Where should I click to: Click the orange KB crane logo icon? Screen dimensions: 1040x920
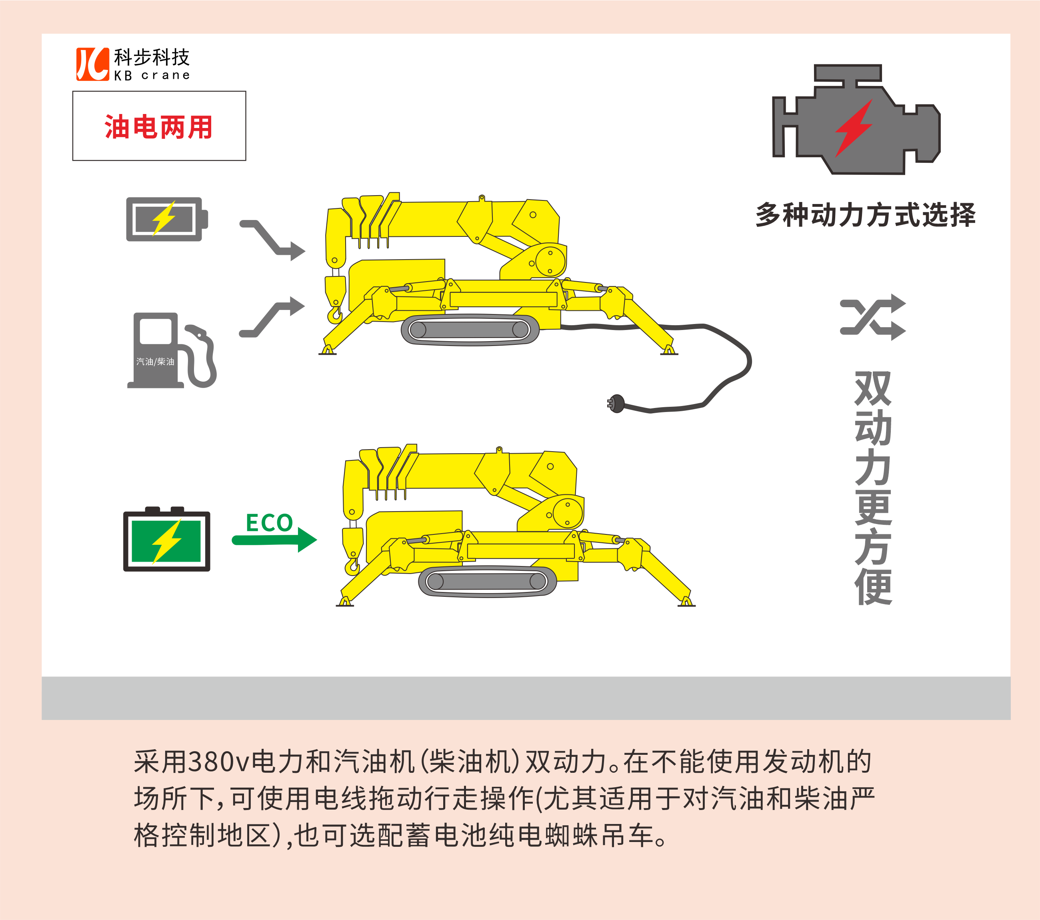(93, 64)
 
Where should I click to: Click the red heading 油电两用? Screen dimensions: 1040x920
(158, 127)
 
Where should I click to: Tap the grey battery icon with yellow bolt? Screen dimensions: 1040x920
(167, 219)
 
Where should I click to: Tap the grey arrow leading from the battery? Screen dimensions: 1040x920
(273, 239)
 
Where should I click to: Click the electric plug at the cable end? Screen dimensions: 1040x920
(616, 404)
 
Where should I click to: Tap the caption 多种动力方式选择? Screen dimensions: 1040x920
(866, 215)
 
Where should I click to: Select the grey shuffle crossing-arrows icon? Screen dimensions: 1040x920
(873, 317)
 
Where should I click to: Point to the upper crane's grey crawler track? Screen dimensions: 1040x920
(470, 330)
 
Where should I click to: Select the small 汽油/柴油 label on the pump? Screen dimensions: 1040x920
(155, 361)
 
